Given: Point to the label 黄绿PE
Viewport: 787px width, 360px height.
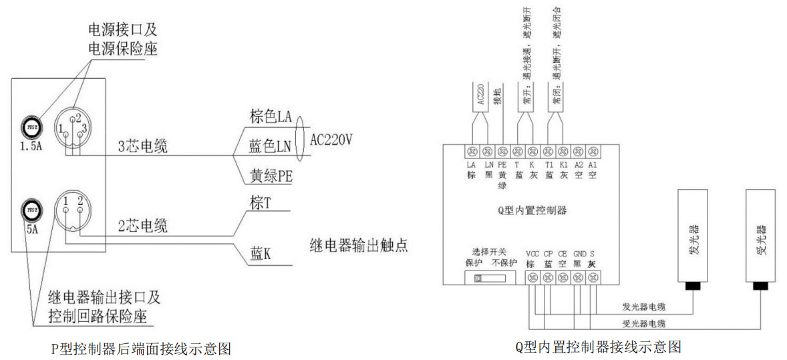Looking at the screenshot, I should point(271,176).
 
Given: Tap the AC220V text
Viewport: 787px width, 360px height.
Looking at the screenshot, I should point(331,140).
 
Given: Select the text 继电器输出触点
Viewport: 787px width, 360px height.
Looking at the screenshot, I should point(359,245).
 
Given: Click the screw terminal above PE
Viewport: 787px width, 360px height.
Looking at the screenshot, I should point(502,150).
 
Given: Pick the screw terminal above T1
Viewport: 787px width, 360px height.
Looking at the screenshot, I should point(548,150).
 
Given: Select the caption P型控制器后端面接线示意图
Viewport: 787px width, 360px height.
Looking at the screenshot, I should point(140,347).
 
